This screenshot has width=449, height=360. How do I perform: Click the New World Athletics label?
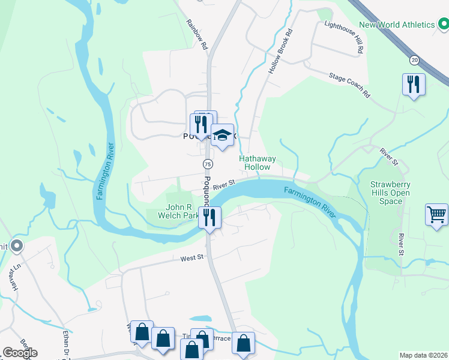coord(397,25)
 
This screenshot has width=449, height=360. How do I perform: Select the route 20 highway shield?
coord(414,59)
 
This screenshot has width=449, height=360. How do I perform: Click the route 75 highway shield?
coord(207,164)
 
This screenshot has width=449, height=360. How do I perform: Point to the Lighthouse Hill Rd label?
coord(344,37)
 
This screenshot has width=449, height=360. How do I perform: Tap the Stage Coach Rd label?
coord(349,85)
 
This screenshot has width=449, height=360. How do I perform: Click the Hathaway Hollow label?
coord(258,163)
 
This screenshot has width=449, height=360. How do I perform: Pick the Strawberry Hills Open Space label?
coord(390,193)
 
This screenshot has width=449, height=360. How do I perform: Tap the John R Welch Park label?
coord(178,211)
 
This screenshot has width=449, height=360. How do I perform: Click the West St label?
coord(193,259)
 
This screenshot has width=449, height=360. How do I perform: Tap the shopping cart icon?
coord(436,214)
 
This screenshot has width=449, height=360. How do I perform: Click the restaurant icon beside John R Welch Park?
coord(210,217)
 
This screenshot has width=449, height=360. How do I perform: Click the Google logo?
coord(20,353)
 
